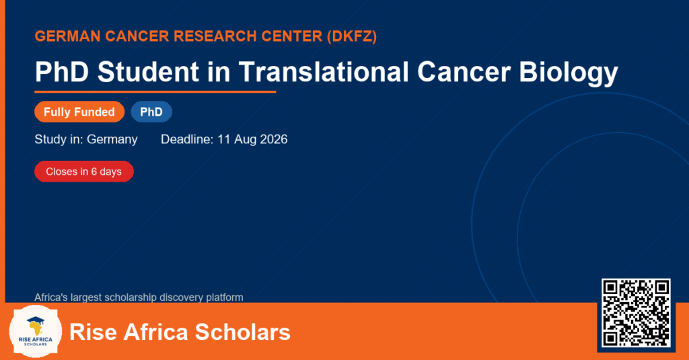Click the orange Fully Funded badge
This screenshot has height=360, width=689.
tap(79, 112)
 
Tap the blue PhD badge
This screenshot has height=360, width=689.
tap(151, 112)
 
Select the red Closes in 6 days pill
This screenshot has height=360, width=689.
tap(84, 172)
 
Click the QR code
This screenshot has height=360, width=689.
tap(636, 313)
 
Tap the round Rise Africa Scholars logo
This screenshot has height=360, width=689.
tap(36, 331)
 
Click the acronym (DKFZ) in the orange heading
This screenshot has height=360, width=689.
tap(351, 36)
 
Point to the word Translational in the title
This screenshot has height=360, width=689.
tap(324, 71)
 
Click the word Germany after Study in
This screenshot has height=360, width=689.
tap(112, 140)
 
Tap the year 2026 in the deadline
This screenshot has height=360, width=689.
tap(274, 139)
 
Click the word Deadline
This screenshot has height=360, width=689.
tap(187, 139)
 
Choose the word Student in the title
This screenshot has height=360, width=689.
tap(148, 71)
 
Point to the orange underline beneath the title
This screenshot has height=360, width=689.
tap(155, 92)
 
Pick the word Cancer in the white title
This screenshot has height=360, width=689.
tap(464, 71)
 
